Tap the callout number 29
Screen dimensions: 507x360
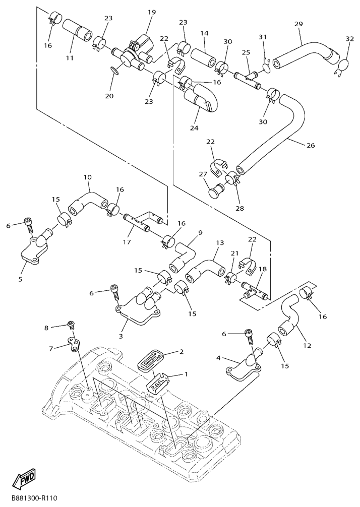coord(298,24)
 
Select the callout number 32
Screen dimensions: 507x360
coord(349,39)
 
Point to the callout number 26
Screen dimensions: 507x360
coord(310,146)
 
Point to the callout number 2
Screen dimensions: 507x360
coord(181,352)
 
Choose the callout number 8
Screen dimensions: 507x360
coord(46,328)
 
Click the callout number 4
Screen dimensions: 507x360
coord(219,358)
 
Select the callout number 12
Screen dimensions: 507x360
coord(307,346)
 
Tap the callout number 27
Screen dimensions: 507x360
coord(203,174)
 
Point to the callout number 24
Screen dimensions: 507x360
coord(194,128)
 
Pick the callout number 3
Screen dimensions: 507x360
coord(121,336)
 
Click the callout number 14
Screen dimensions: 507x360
coord(204,33)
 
